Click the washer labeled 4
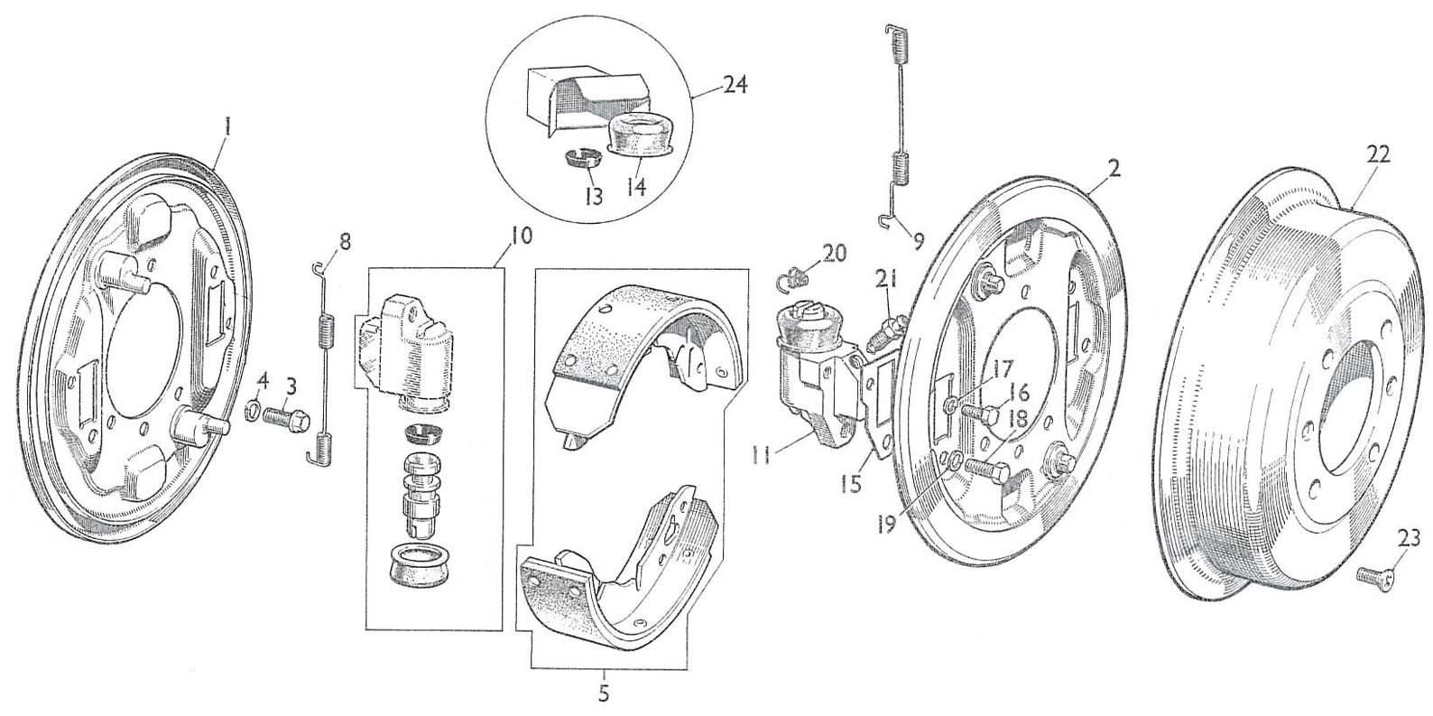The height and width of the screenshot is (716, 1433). pyautogui.click(x=254, y=413)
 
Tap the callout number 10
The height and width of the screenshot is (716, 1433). pyautogui.click(x=522, y=237)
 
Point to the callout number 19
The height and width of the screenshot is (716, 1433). pyautogui.click(x=887, y=524)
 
